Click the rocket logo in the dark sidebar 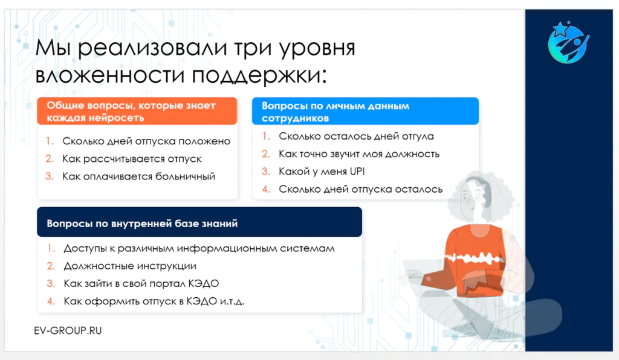pyautogui.click(x=568, y=43)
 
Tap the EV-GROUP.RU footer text pyautogui.click(x=68, y=330)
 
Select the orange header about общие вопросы pyautogui.click(x=137, y=111)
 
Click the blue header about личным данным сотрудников pyautogui.click(x=365, y=111)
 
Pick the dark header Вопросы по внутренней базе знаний pyautogui.click(x=199, y=222)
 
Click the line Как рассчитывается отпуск pyautogui.click(x=132, y=159)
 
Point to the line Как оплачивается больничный pyautogui.click(x=138, y=176)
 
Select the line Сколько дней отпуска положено pyautogui.click(x=146, y=141)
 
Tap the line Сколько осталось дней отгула pyautogui.click(x=356, y=137)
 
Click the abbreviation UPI pyautogui.click(x=357, y=172)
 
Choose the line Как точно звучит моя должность pyautogui.click(x=359, y=154)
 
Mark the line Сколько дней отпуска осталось pyautogui.click(x=360, y=189)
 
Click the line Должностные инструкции pyautogui.click(x=130, y=266)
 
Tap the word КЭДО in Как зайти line pyautogui.click(x=203, y=283)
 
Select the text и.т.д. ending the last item pyautogui.click(x=232, y=301)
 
